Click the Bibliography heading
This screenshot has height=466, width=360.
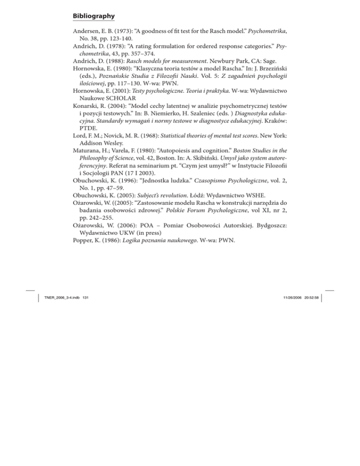tap(94, 16)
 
